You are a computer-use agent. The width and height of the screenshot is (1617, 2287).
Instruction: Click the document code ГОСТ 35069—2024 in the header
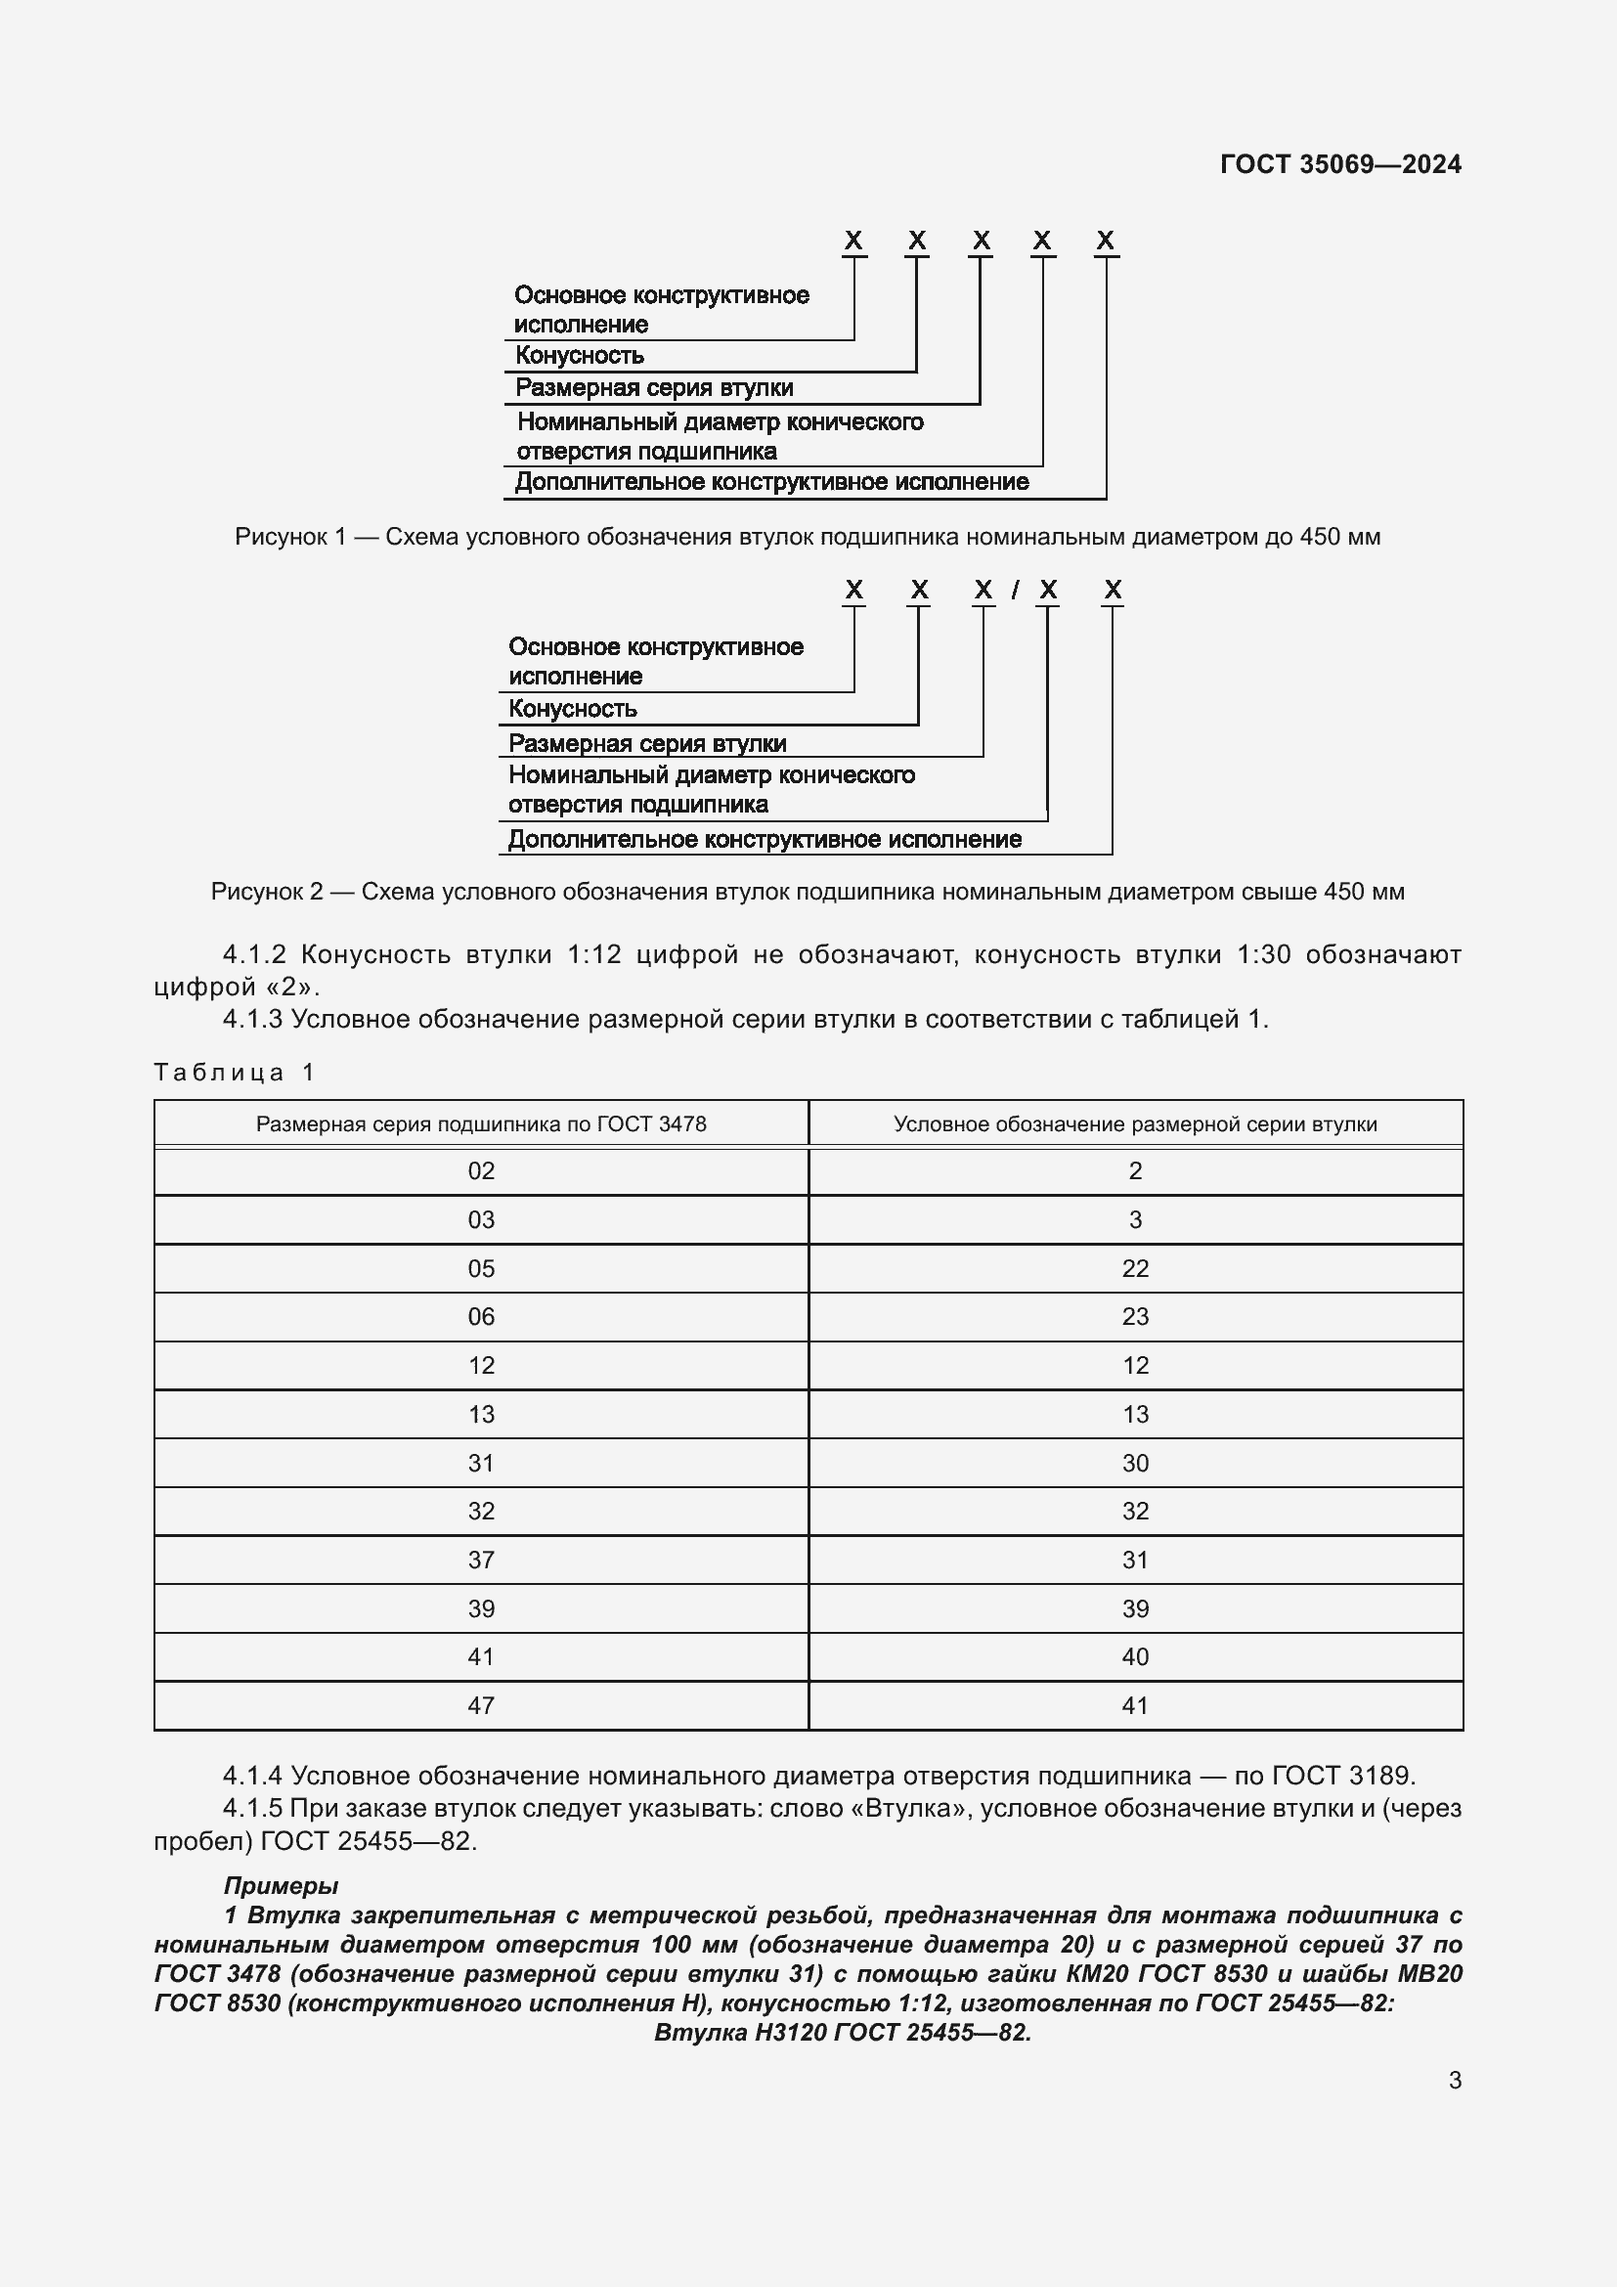point(1340,164)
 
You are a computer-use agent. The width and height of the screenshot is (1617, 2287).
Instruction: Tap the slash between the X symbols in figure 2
point(1015,591)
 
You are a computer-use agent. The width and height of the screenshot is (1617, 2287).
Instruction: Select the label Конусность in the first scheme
point(579,356)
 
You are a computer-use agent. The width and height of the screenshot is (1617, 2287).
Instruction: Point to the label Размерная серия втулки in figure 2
point(647,743)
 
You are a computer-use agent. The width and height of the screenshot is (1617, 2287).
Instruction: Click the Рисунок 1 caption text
point(808,537)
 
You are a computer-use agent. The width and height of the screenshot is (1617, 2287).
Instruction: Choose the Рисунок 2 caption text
point(808,892)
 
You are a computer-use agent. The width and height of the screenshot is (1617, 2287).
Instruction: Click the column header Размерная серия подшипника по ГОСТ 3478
point(481,1124)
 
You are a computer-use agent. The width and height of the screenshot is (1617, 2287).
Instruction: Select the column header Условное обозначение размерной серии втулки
point(1135,1124)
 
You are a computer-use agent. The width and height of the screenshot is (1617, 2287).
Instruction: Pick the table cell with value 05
point(481,1269)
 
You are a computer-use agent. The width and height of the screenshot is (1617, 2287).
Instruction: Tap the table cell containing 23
point(1135,1317)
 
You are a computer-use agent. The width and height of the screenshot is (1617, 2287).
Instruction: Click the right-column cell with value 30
point(1135,1464)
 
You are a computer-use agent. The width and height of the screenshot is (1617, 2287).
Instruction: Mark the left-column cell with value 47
point(481,1706)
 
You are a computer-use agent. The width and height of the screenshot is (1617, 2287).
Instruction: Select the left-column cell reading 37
point(481,1560)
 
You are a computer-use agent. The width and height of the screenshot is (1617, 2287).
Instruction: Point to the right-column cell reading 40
point(1135,1657)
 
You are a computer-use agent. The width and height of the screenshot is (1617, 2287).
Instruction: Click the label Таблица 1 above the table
point(234,1073)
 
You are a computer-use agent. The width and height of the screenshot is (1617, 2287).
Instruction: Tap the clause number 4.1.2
point(254,955)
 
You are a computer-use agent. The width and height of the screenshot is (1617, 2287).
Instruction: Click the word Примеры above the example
point(281,1885)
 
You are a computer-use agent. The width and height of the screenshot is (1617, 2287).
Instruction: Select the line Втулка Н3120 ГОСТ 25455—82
point(843,2033)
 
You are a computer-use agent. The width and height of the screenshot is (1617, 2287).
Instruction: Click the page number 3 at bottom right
point(1455,2081)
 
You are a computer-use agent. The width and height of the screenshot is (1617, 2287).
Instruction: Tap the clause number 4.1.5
point(253,1808)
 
